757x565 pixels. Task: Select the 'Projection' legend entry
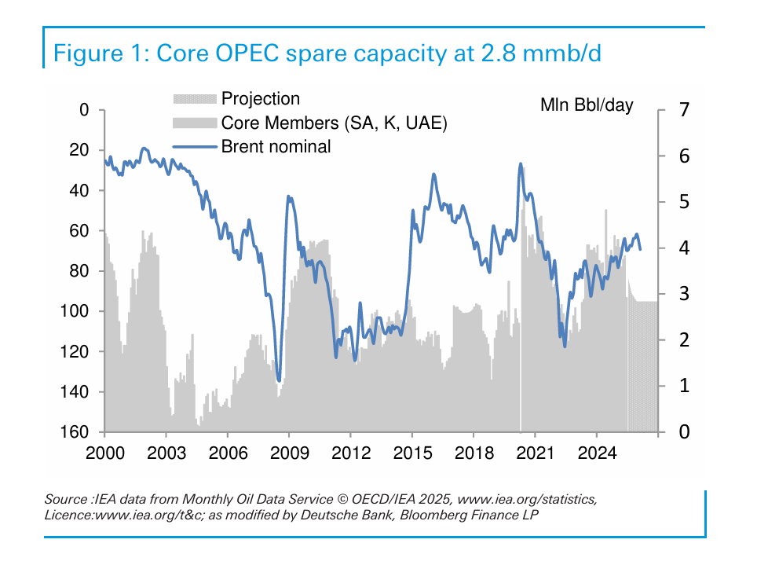(x=261, y=99)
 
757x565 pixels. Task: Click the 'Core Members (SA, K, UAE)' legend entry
(x=335, y=123)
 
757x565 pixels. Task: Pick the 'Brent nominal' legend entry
(x=276, y=146)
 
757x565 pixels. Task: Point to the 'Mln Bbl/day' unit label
(x=586, y=105)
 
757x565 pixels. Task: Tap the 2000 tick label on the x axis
(x=104, y=453)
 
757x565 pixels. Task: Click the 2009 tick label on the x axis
(x=289, y=453)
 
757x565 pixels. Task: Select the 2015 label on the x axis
(x=411, y=453)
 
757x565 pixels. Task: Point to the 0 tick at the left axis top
(x=83, y=110)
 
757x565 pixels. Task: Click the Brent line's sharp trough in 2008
(x=279, y=380)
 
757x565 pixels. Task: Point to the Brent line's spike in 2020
(x=520, y=164)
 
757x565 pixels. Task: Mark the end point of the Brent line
(x=640, y=250)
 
